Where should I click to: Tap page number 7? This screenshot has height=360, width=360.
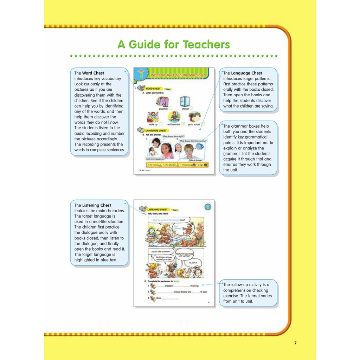pyautogui.click(x=295, y=343)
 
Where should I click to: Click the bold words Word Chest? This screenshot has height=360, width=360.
pyautogui.click(x=93, y=73)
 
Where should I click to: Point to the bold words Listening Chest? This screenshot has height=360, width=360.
pyautogui.click(x=96, y=205)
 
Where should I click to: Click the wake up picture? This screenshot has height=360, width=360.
pyautogui.click(x=153, y=117)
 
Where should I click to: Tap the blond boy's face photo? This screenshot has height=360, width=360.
pyautogui.click(x=188, y=150)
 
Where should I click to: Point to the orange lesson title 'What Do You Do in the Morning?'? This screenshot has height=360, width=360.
pyautogui.click(x=177, y=75)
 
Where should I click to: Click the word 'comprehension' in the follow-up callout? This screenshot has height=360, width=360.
pyautogui.click(x=238, y=290)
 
